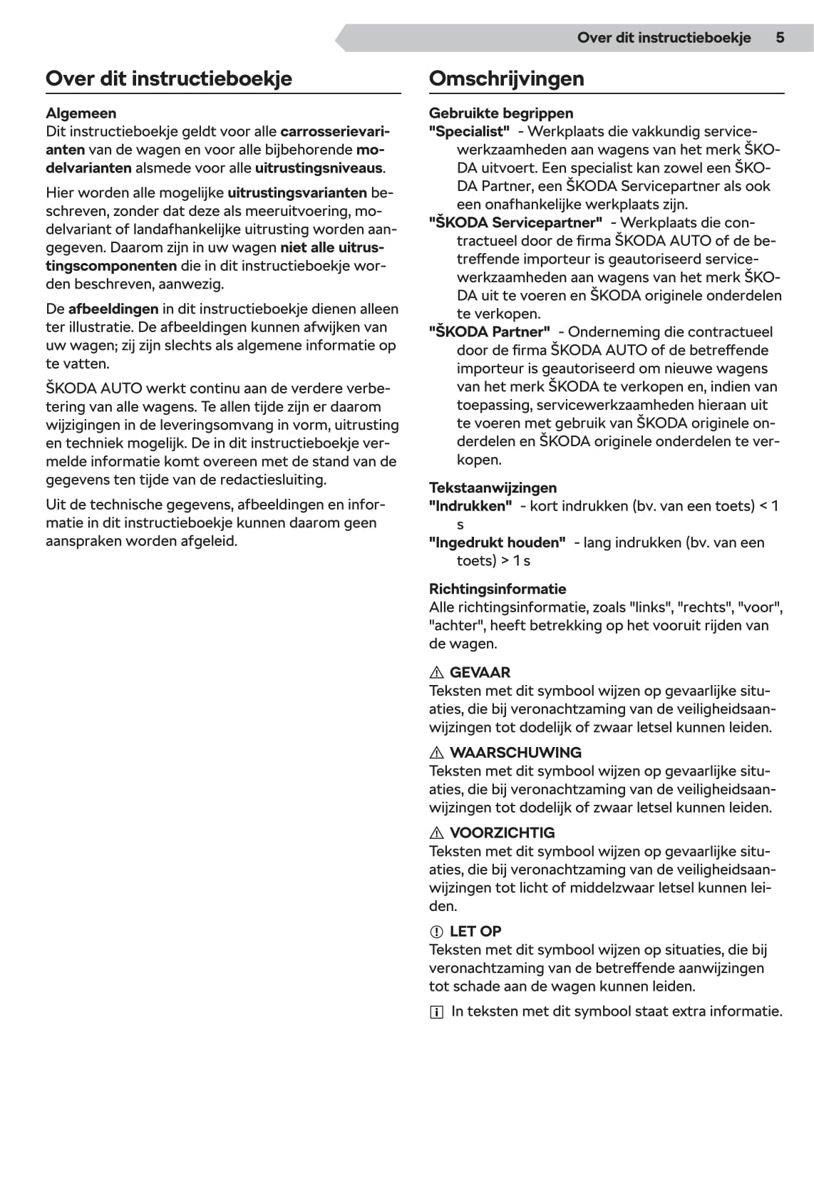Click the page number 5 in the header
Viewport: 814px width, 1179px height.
(780, 38)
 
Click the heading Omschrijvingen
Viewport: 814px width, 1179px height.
(506, 78)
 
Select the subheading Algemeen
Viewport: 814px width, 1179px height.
(81, 113)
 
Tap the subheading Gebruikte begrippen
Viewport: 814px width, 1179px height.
(500, 113)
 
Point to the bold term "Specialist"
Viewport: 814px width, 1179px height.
(469, 132)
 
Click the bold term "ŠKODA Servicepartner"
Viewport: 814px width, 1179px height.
(515, 222)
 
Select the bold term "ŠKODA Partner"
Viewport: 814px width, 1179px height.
(489, 332)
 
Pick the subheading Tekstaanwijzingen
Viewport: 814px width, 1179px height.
(493, 488)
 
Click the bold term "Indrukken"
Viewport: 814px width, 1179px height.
(470, 506)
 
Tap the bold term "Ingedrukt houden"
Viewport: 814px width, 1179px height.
(497, 542)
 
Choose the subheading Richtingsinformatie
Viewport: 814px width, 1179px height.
(498, 589)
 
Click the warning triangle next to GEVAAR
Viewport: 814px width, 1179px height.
(437, 673)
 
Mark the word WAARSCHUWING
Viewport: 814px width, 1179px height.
(515, 753)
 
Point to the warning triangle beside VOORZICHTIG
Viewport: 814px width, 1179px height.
(437, 833)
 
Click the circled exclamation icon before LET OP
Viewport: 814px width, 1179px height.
(437, 932)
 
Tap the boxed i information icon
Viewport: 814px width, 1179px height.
(437, 1012)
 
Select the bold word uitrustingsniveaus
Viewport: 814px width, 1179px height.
(319, 168)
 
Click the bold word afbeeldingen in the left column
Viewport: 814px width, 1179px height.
(113, 309)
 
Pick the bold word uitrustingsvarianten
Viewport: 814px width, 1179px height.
(297, 193)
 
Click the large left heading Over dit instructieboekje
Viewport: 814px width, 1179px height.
(168, 78)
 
